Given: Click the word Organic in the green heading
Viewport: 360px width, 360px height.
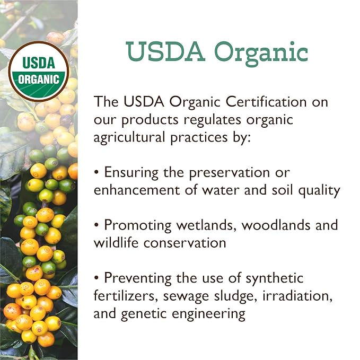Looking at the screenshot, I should [x=261, y=52].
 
